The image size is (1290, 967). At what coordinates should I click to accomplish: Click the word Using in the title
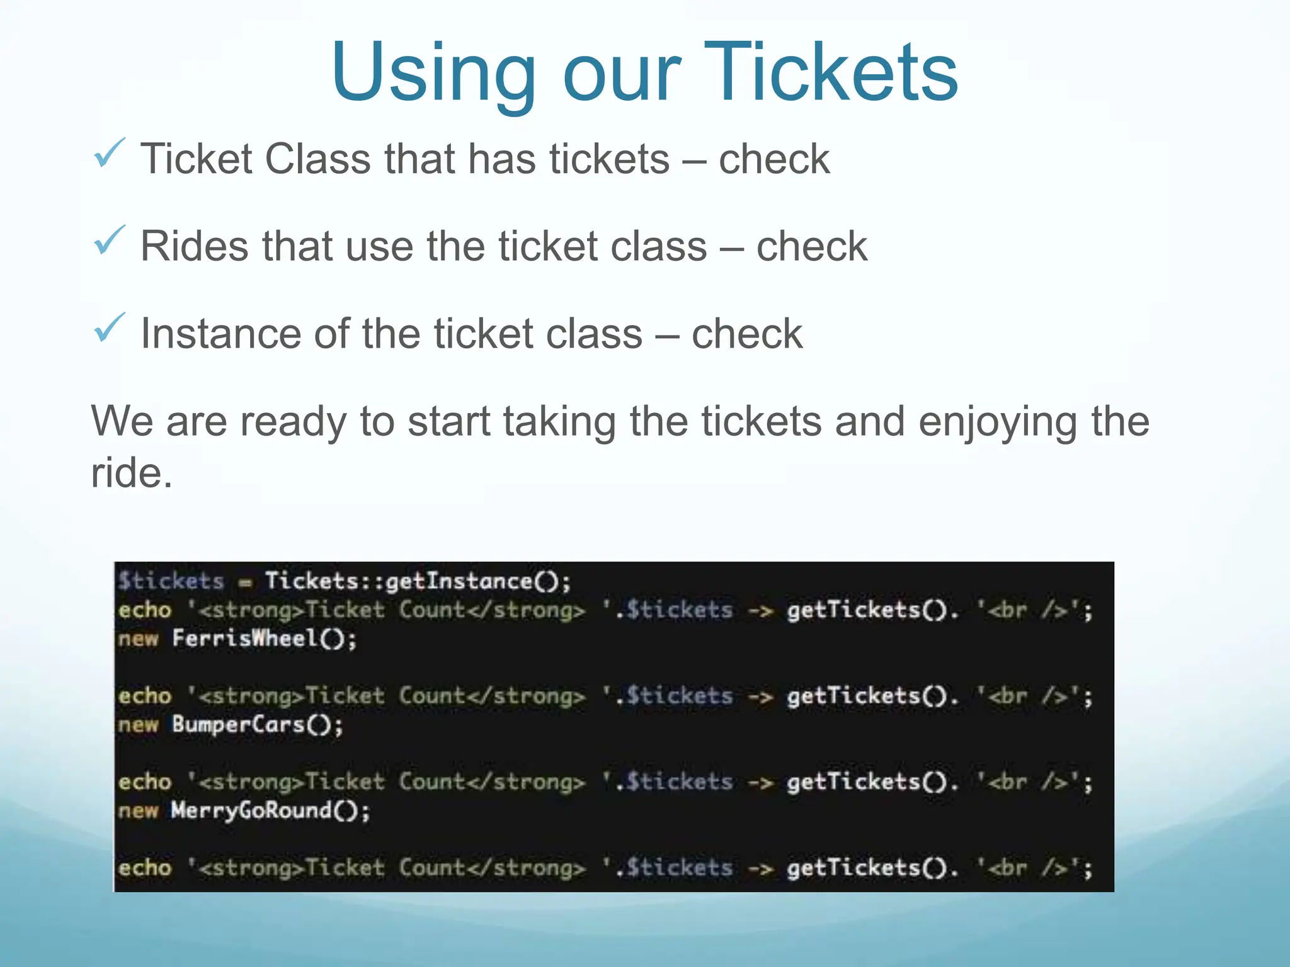(x=433, y=74)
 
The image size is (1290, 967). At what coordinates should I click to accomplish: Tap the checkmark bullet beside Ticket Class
(x=110, y=154)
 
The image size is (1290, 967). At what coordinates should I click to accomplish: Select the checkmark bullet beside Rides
(x=110, y=240)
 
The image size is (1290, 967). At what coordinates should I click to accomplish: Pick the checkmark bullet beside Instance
(x=110, y=328)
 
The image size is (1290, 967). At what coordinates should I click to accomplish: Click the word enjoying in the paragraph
(x=998, y=422)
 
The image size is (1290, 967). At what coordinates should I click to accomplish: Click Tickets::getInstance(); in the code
(x=418, y=580)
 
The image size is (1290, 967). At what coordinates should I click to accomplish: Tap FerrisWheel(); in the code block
(x=265, y=638)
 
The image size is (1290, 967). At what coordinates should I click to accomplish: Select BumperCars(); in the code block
(x=258, y=725)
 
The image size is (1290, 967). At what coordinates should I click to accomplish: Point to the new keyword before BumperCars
(x=138, y=725)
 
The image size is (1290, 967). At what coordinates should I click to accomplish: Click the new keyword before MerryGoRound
(x=138, y=810)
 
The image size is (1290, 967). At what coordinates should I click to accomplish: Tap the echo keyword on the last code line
(x=145, y=868)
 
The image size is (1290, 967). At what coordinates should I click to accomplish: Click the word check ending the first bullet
(x=774, y=159)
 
